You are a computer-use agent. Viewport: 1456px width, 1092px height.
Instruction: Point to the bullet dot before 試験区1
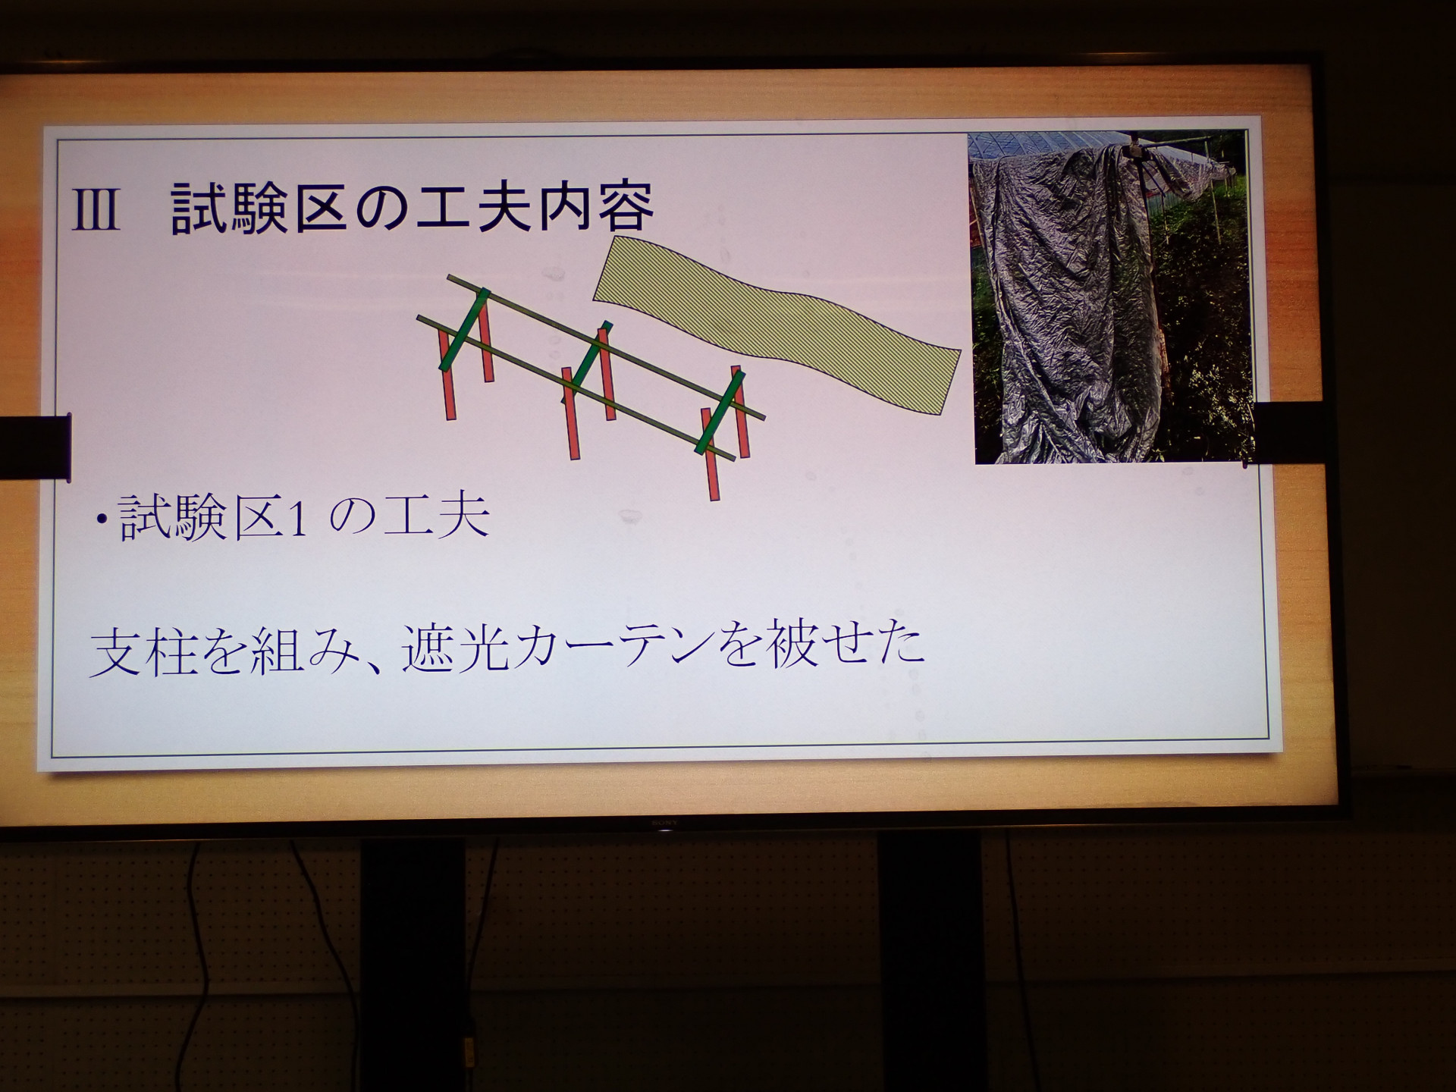tap(100, 519)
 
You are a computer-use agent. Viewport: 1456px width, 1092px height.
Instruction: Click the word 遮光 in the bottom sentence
tap(455, 648)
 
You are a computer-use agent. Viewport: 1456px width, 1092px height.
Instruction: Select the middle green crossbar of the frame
tap(586, 362)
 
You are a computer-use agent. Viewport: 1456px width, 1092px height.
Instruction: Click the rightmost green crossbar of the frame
tap(720, 413)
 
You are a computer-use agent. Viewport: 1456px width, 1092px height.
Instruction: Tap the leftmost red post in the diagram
tap(447, 375)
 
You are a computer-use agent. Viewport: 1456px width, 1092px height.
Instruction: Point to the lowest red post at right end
tap(711, 455)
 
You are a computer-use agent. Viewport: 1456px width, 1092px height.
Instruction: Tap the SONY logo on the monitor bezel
tap(664, 822)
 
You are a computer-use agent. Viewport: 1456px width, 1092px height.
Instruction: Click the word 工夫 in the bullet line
tap(436, 518)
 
